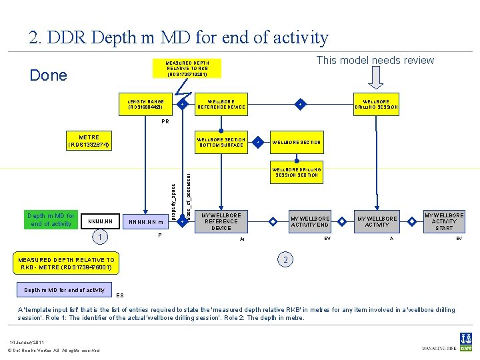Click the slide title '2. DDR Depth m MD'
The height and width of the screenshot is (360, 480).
point(179,38)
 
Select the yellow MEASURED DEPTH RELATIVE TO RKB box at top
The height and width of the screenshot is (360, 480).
point(187,69)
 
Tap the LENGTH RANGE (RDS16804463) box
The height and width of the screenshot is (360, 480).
point(145,105)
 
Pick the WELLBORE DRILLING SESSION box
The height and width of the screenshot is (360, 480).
point(376,105)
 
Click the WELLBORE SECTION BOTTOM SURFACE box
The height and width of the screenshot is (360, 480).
point(221,142)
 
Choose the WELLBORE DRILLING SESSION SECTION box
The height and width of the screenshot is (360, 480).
point(297,173)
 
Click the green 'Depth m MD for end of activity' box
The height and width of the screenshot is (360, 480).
point(51,220)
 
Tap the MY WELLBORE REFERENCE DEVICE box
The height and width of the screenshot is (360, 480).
point(221,221)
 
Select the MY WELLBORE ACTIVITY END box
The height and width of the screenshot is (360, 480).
point(310,221)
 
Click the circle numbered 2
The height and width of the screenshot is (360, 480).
point(285,259)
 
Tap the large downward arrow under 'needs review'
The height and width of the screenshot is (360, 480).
point(377,78)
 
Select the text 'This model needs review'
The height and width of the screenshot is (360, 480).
point(375,61)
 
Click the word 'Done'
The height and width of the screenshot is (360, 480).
point(49,75)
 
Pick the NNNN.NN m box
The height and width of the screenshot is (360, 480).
point(145,221)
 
